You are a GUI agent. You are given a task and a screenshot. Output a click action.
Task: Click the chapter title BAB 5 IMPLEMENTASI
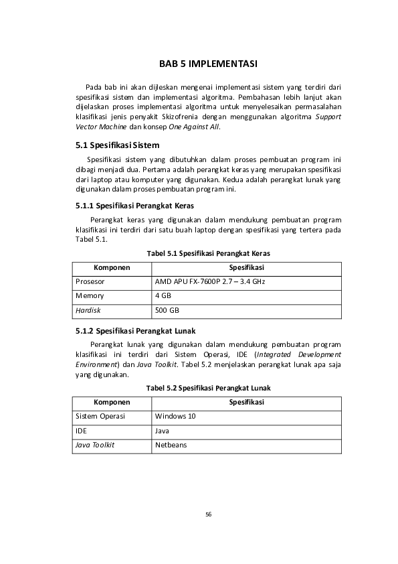208,64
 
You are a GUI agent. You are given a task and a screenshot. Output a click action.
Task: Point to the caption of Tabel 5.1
208,253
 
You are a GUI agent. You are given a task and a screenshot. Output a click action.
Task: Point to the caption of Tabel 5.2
208,388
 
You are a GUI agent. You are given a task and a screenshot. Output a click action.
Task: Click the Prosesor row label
90,281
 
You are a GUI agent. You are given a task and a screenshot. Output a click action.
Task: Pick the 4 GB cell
163,295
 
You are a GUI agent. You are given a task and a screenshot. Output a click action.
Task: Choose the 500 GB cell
167,310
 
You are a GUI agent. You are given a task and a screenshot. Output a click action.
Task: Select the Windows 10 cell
171,416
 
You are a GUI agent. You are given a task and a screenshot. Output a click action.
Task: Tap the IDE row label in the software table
82,431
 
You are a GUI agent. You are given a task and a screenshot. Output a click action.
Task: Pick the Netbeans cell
171,445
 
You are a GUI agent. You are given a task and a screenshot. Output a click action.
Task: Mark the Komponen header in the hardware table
111,267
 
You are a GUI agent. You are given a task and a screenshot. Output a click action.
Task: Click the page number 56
208,514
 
